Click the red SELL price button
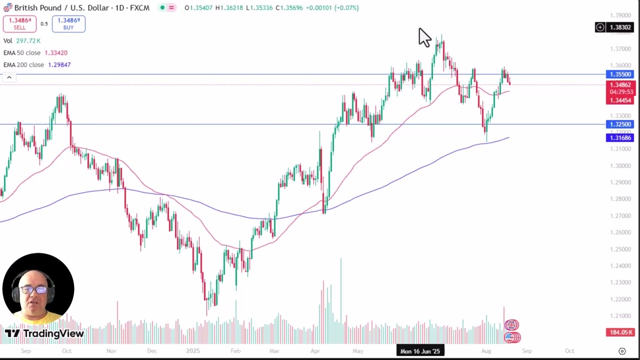[x=19, y=23]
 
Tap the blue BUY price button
[x=68, y=23]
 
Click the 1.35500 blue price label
[x=620, y=74]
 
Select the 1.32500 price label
[x=620, y=124]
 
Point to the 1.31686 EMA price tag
[x=620, y=138]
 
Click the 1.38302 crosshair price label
[x=620, y=27]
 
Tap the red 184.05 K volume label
[x=620, y=332]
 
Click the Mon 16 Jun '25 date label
[x=420, y=351]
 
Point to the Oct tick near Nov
[x=66, y=351]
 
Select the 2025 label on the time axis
[x=192, y=351]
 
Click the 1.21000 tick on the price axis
[x=620, y=316]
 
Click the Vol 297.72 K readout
[x=22, y=41]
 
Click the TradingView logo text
[x=53, y=333]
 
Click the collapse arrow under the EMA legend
[x=9, y=77]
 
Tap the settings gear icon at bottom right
[x=622, y=351]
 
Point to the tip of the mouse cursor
[x=419, y=28]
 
